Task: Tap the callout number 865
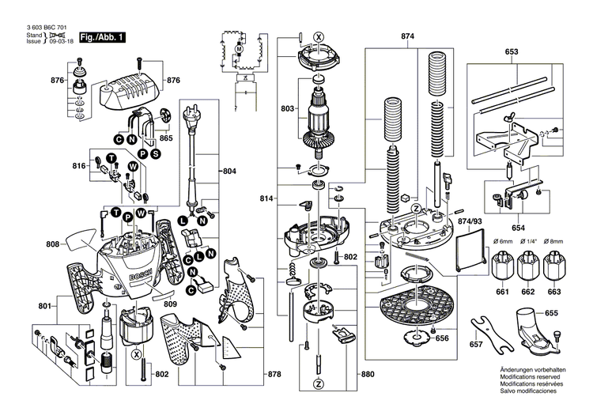click(166, 138)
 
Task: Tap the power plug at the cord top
click(191, 122)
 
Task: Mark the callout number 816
click(79, 166)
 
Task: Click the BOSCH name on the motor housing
click(138, 281)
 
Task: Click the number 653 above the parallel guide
click(512, 51)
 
